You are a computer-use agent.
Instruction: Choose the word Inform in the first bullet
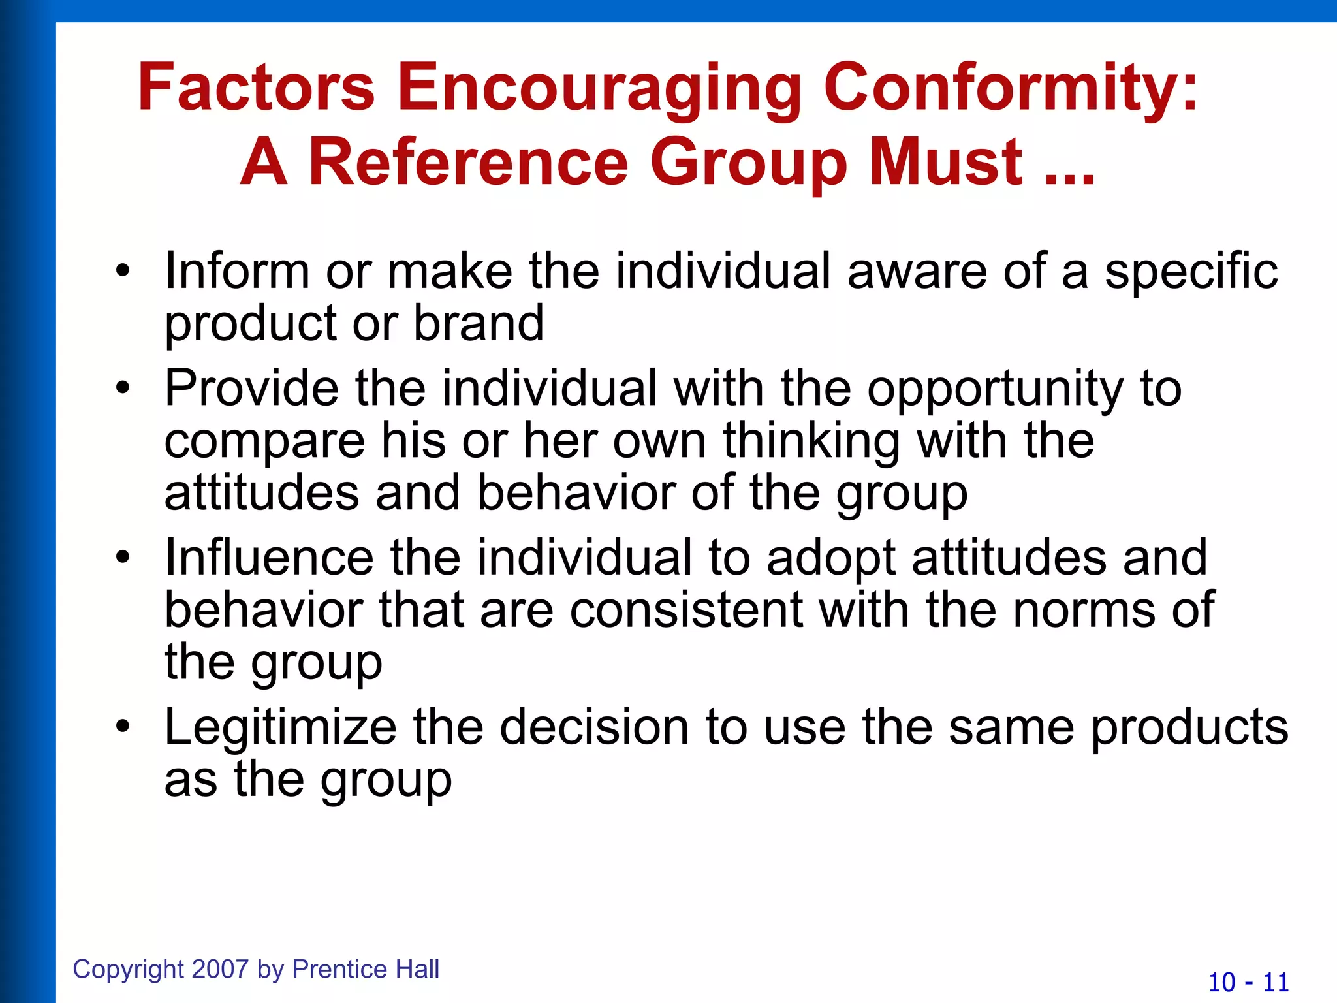click(x=236, y=271)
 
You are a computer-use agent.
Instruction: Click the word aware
click(x=917, y=271)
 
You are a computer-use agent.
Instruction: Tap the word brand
click(x=479, y=323)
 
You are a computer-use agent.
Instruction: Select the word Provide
click(x=251, y=388)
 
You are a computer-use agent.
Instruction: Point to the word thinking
click(x=812, y=441)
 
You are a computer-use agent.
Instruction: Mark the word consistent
click(x=686, y=610)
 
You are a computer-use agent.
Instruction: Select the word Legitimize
click(x=280, y=728)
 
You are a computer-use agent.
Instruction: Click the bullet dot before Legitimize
click(x=123, y=726)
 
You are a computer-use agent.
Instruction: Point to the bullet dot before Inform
click(x=123, y=270)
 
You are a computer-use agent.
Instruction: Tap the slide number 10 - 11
click(x=1248, y=982)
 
